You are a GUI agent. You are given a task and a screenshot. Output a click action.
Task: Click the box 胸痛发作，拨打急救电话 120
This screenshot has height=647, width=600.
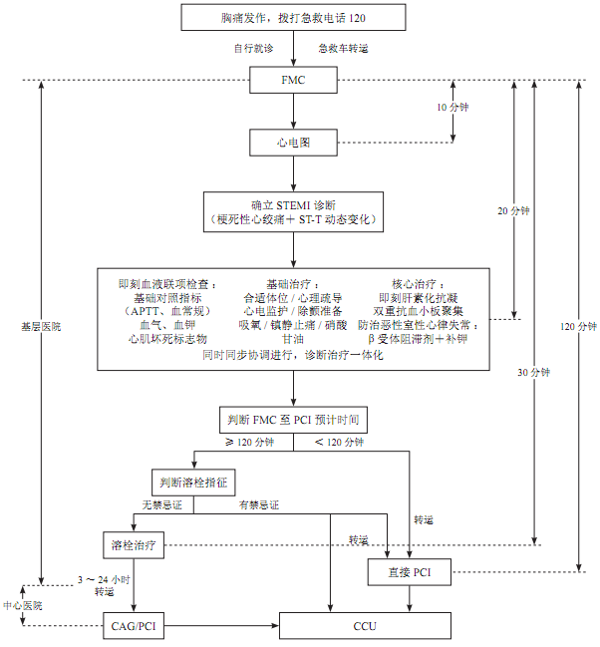(293, 18)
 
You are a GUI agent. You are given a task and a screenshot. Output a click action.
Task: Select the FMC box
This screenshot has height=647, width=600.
(293, 80)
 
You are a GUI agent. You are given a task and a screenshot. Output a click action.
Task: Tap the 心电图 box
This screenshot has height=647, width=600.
(293, 143)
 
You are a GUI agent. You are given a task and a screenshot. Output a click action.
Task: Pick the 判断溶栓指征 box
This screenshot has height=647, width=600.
(192, 482)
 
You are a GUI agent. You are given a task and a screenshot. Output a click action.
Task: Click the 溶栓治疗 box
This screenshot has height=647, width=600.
(135, 545)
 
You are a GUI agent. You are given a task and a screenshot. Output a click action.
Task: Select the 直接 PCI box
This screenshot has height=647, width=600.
(410, 571)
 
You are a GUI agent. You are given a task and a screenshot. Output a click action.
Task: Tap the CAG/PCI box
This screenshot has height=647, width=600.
(135, 626)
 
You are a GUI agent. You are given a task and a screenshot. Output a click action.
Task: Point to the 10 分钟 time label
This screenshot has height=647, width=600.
(453, 107)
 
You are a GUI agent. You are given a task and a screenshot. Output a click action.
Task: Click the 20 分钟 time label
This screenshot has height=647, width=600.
(513, 211)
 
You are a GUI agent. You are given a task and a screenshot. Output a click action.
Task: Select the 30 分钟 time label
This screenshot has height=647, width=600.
(534, 372)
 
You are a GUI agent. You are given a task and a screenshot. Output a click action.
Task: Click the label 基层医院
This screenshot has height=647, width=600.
(40, 326)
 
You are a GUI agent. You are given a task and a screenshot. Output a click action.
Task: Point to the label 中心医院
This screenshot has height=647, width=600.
(23, 605)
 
